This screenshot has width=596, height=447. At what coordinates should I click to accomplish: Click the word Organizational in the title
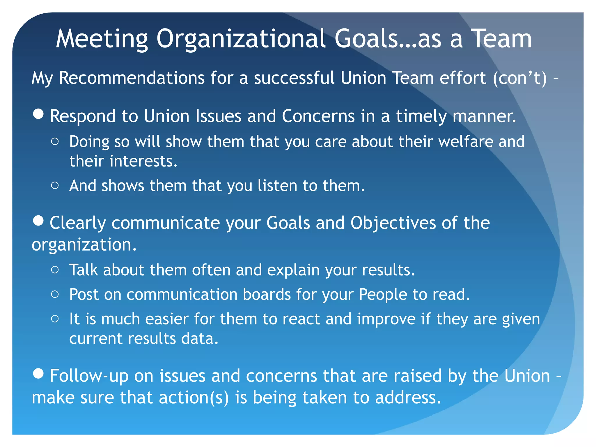click(241, 39)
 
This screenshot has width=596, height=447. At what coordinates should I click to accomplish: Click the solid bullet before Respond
click(38, 114)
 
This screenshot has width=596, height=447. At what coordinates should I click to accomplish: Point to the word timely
click(421, 116)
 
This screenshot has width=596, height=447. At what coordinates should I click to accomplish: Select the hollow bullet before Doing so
click(55, 142)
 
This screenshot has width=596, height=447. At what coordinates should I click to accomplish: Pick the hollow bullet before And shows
click(55, 185)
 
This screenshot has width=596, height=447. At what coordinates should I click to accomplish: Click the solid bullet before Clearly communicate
click(38, 221)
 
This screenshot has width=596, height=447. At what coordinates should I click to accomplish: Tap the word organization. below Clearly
click(84, 245)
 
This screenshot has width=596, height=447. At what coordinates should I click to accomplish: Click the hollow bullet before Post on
click(55, 294)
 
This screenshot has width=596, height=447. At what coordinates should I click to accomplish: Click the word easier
click(167, 319)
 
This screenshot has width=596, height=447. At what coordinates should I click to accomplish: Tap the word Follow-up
click(89, 376)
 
